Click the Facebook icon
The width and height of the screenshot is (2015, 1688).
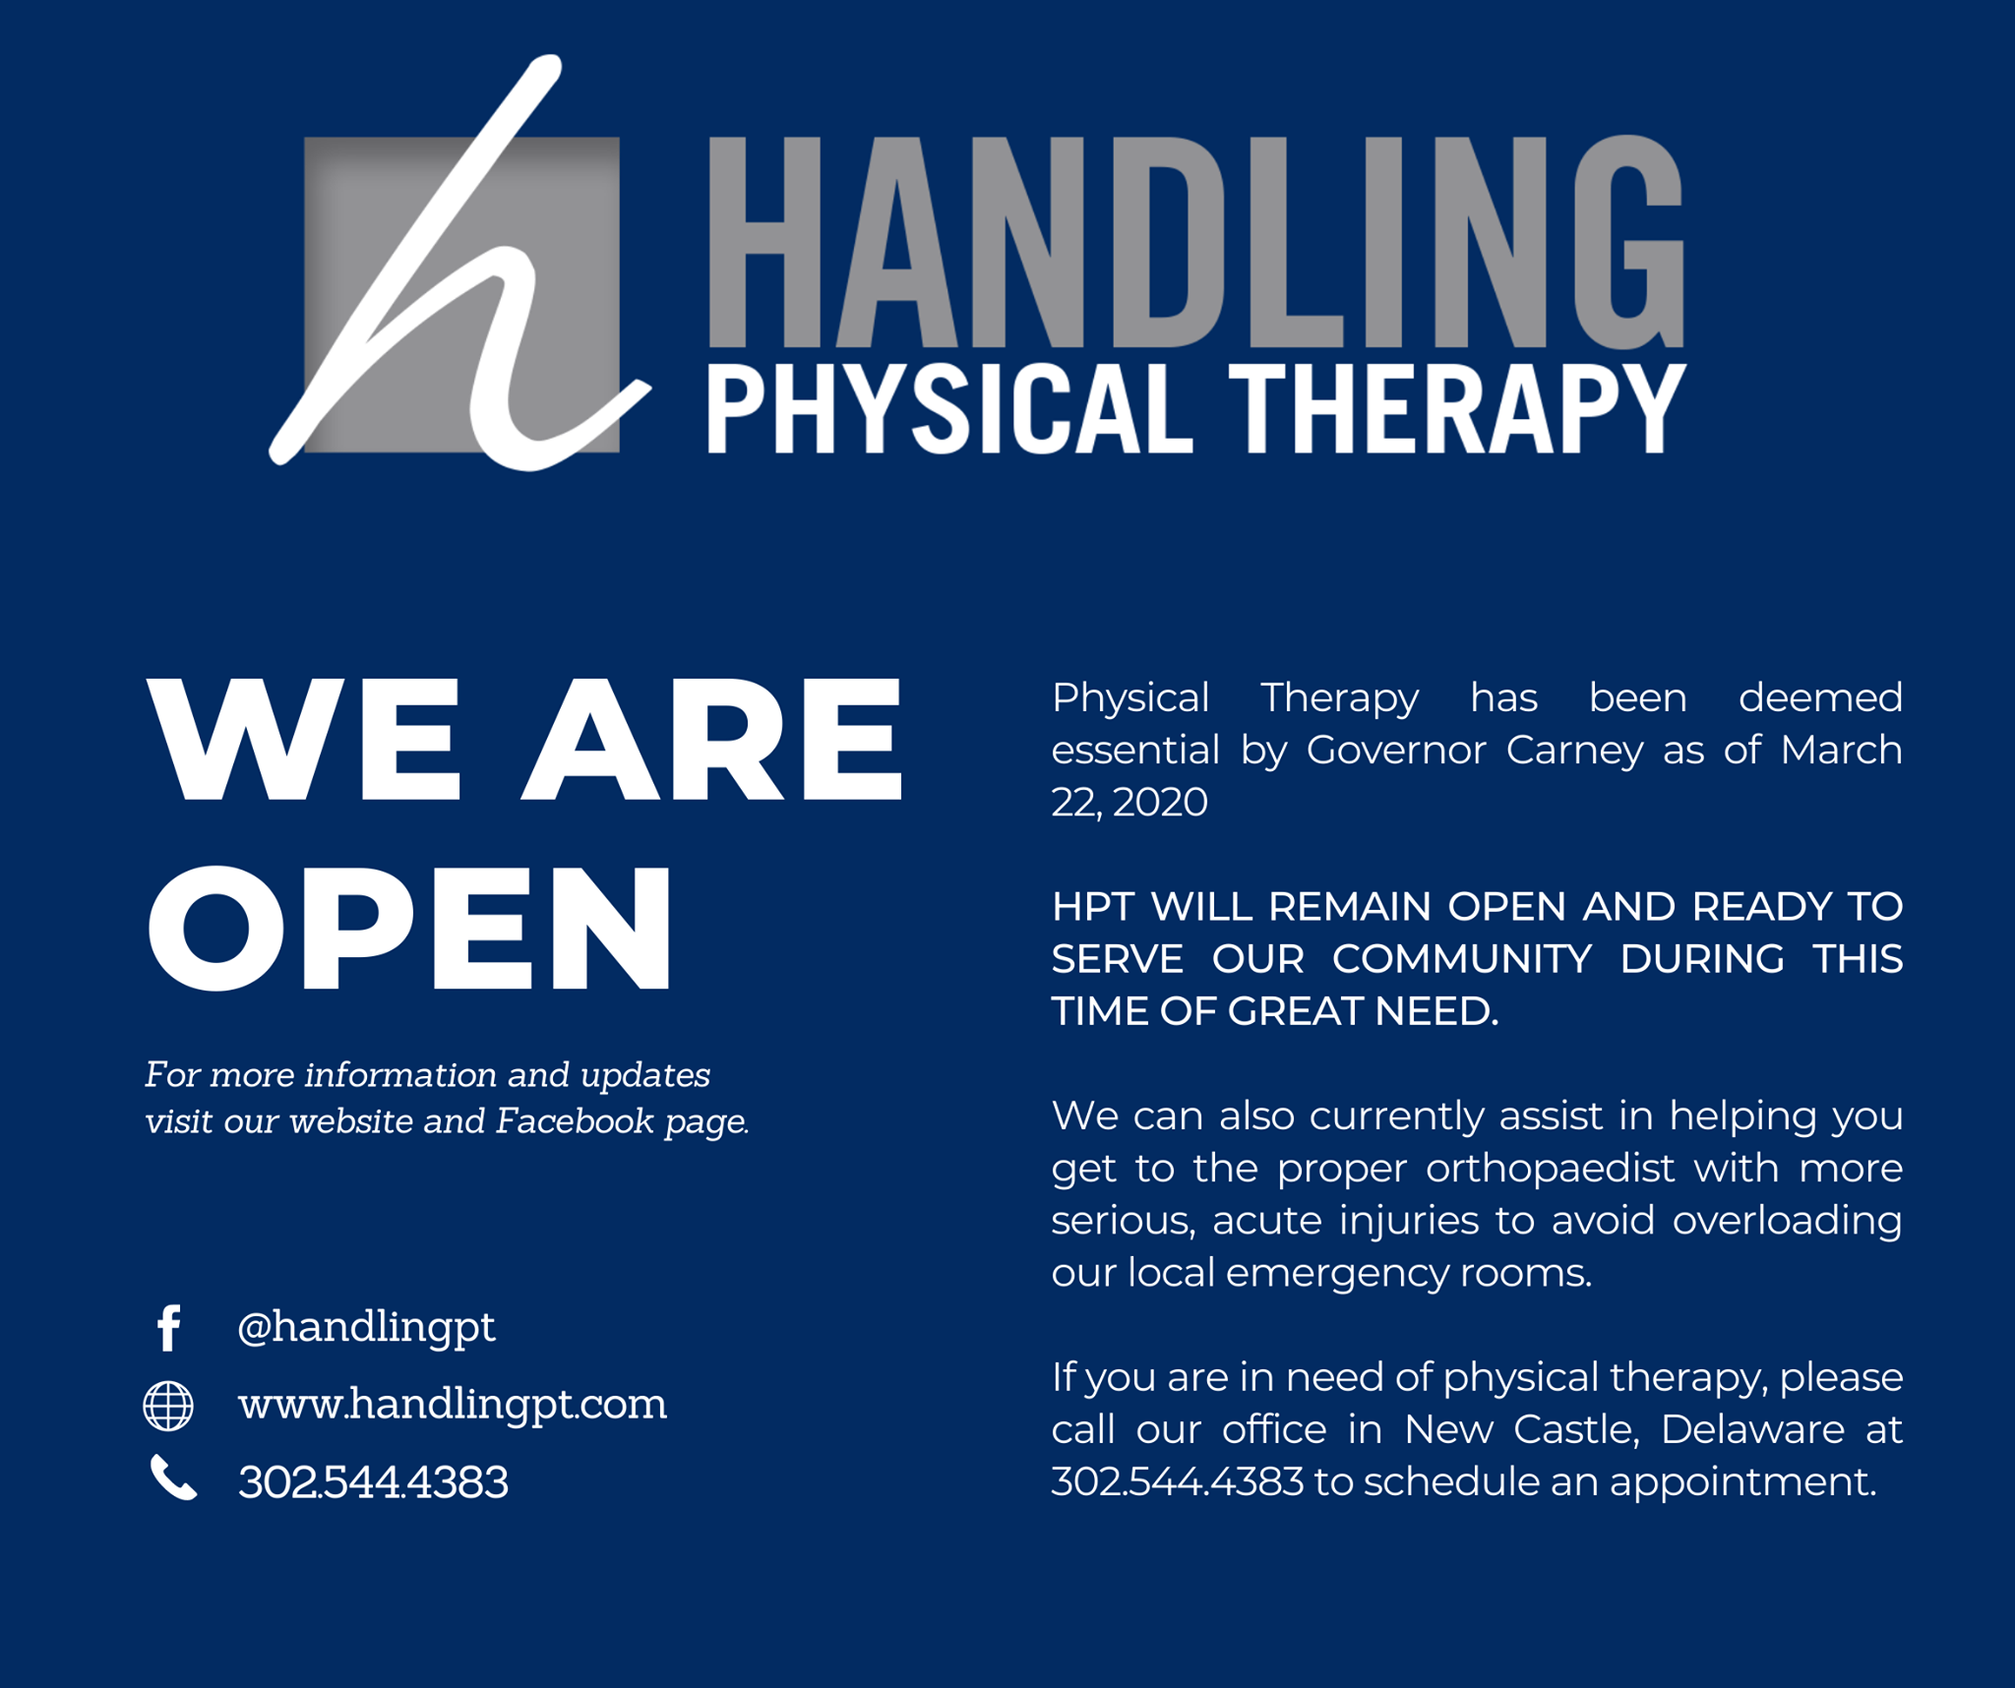pyautogui.click(x=169, y=1327)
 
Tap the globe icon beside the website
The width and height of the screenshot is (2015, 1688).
pyautogui.click(x=168, y=1405)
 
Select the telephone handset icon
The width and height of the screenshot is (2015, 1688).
pyautogui.click(x=173, y=1477)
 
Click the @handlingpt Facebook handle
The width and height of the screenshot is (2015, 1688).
pyautogui.click(x=366, y=1328)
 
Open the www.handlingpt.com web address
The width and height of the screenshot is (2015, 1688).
pyautogui.click(x=453, y=1404)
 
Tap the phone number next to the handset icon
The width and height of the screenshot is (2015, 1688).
pyautogui.click(x=373, y=1481)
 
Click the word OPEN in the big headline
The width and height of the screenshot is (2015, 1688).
pyautogui.click(x=410, y=929)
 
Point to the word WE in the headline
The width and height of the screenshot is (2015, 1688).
pyautogui.click(x=304, y=739)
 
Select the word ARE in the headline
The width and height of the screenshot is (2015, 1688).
pyautogui.click(x=711, y=739)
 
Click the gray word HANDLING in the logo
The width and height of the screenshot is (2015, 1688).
pyautogui.click(x=1196, y=242)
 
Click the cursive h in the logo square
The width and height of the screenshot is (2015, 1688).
pyautogui.click(x=458, y=266)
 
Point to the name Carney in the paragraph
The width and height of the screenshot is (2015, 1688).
pyautogui.click(x=1574, y=751)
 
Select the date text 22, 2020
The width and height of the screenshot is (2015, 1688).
pyautogui.click(x=1130, y=803)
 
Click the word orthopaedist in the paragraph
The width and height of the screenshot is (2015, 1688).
pyautogui.click(x=1550, y=1169)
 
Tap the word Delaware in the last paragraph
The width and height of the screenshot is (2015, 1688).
pyautogui.click(x=1752, y=1429)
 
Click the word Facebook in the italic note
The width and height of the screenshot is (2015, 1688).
pyautogui.click(x=575, y=1121)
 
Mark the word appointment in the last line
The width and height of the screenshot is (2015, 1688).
pyautogui.click(x=1742, y=1482)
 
